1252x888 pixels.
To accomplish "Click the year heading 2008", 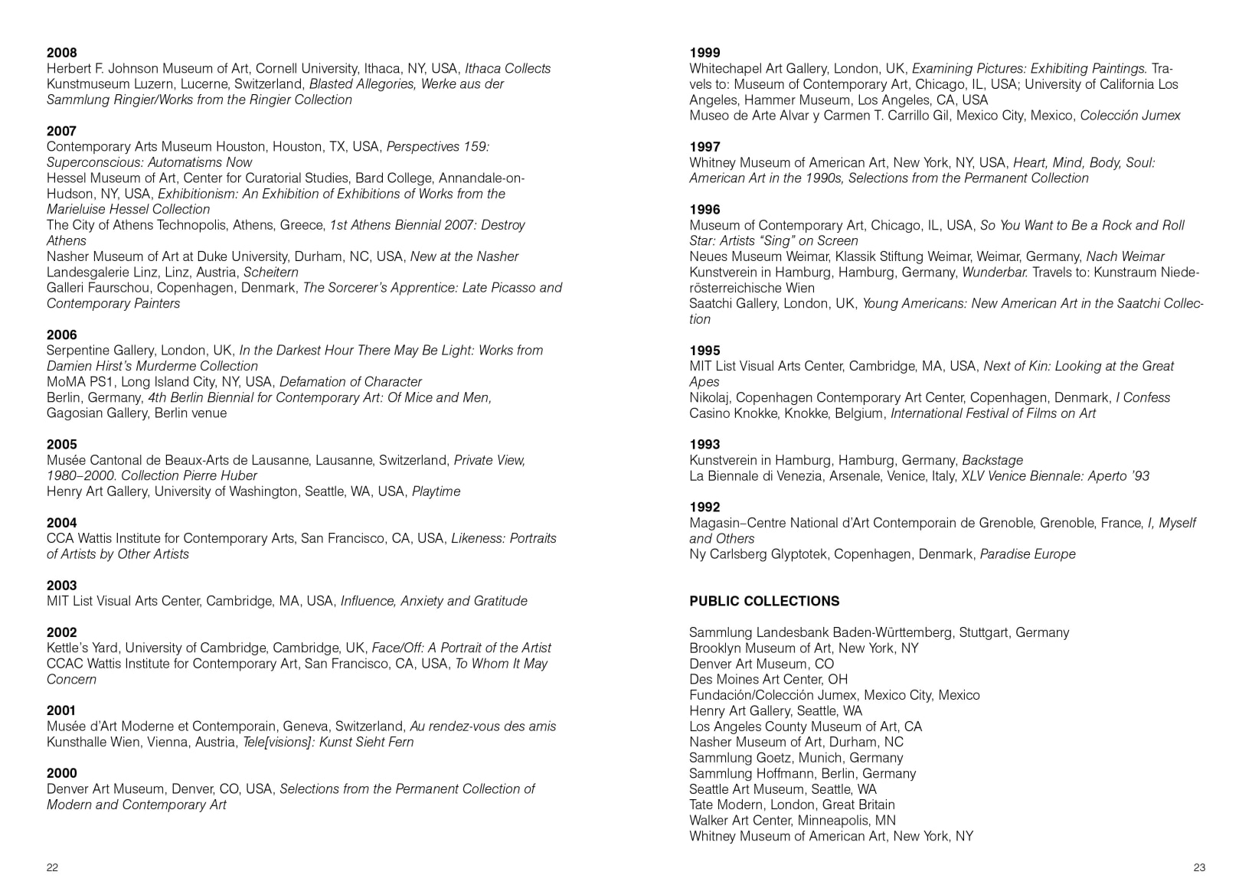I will point(62,53).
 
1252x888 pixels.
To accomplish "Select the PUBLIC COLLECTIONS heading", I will point(764,601).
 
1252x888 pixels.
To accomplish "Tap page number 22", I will point(52,867).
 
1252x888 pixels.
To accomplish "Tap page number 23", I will point(1199,867).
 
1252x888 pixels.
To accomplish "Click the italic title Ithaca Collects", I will point(508,69).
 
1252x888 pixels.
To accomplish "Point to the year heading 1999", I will point(704,53).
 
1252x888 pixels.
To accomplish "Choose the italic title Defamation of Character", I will point(351,382).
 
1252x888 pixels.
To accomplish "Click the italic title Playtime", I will point(436,491).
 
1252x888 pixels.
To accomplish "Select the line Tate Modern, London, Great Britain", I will point(792,805).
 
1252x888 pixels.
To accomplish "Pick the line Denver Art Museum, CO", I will point(761,664).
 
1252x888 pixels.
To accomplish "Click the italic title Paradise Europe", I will point(1028,554).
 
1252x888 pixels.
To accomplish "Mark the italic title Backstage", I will point(992,460).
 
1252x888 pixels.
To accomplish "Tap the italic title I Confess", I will point(1142,397).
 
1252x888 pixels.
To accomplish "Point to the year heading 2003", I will point(62,586).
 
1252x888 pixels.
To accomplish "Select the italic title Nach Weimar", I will point(1125,256).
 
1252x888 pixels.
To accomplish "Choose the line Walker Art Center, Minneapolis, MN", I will point(793,821).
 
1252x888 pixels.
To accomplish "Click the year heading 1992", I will point(704,507).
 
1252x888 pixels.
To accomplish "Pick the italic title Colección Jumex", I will point(1130,116).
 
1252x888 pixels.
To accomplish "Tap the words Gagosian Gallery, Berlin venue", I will point(137,413).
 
